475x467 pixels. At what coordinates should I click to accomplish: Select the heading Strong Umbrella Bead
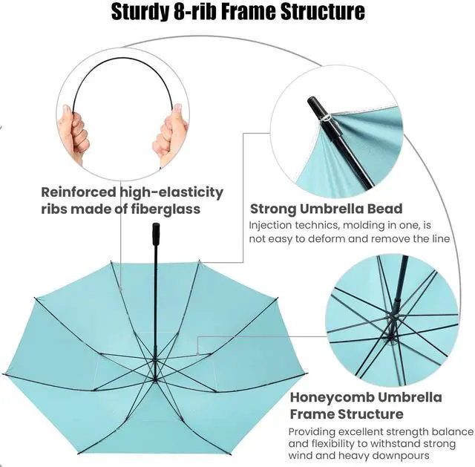326,209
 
